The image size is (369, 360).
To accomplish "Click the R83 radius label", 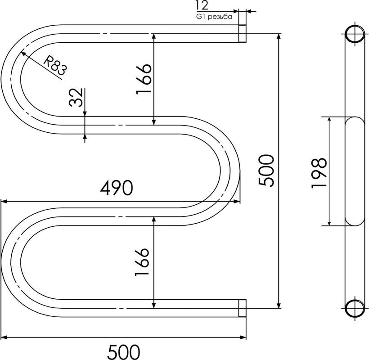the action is coord(55,65).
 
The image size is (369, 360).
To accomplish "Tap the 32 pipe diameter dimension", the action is coord(76,98).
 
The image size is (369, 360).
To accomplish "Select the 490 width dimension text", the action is coord(117,188).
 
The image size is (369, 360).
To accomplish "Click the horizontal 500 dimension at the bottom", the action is coord(124,352).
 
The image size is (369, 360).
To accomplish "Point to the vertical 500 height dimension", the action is coord(266,171).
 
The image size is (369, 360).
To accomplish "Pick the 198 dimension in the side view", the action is coord(319,173).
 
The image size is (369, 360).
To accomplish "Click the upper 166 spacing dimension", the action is coord(144,79).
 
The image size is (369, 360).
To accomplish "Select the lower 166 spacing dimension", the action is coord(142,262).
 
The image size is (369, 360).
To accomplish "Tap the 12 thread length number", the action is coord(202,5).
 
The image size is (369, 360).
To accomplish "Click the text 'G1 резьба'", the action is coord(214,17).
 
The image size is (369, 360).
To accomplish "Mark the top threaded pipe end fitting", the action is coord(243,34).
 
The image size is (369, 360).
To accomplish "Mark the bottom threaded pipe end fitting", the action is coord(243,308).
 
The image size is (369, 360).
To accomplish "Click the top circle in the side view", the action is coord(355,34).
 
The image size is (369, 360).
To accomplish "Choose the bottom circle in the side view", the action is coord(355,308).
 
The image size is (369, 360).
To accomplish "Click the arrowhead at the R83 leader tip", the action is coord(23,54).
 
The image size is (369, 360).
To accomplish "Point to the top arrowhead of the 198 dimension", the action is coord(329,120).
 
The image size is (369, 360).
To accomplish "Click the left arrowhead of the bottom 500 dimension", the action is coord(4,337).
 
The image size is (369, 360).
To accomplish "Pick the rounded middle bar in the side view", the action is coord(355,171).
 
